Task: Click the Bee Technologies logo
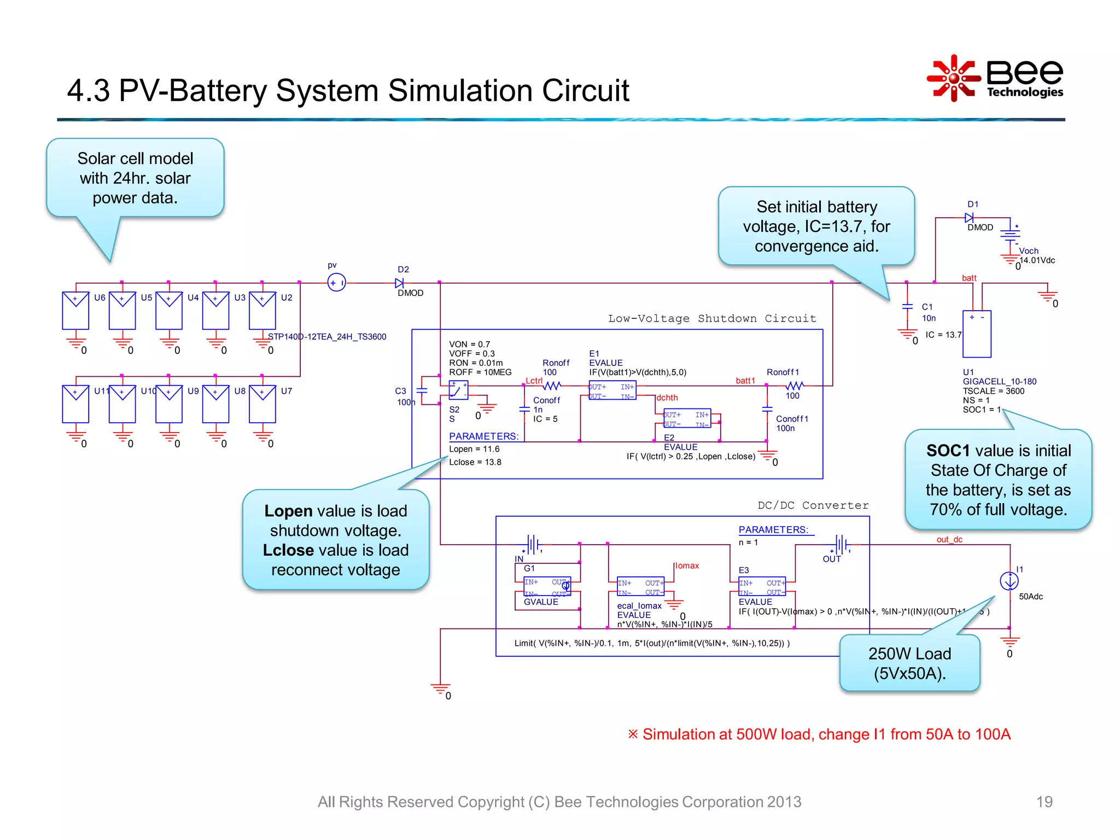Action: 995,79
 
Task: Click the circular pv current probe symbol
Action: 336,283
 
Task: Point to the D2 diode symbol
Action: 399,283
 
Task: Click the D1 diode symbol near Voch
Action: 969,218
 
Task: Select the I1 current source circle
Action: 1009,581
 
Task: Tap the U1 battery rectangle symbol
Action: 977,334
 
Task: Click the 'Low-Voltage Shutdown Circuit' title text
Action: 711,318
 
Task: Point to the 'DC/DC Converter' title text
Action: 813,505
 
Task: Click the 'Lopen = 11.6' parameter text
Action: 474,449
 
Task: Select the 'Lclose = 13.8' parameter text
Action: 475,462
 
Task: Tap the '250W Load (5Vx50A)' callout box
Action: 909,663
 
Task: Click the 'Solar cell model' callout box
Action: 135,178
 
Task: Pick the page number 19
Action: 1044,802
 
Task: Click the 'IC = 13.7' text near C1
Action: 943,335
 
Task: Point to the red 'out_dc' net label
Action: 949,539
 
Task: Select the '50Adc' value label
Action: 1030,597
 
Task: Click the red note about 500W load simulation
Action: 819,734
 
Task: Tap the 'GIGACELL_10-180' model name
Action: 999,381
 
